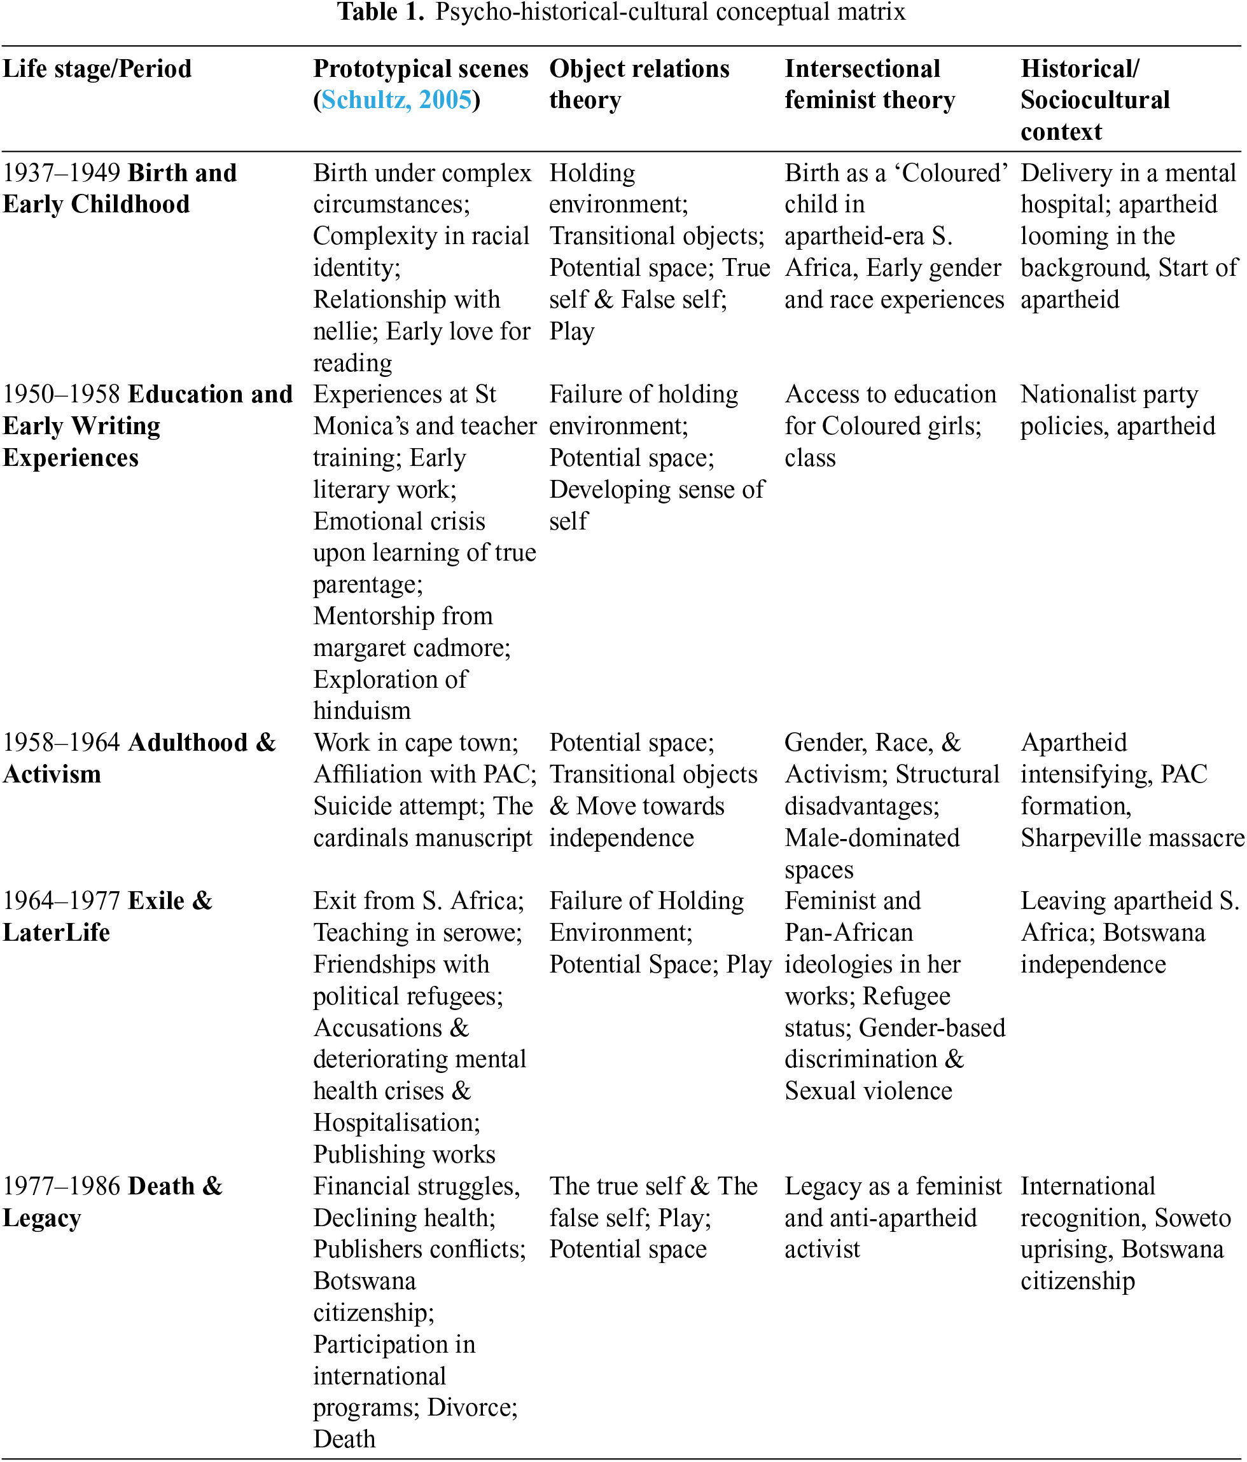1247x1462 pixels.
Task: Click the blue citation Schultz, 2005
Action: [x=396, y=100]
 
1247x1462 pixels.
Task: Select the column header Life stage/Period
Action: [x=97, y=69]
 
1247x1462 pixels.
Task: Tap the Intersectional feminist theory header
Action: [x=869, y=85]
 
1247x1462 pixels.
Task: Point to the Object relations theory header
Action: [x=639, y=85]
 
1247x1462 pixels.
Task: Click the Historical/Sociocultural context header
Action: [x=1094, y=100]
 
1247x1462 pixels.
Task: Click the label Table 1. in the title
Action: [x=380, y=12]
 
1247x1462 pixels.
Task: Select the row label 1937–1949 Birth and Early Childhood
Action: [x=120, y=188]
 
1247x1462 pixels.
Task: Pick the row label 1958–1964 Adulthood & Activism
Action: [x=139, y=758]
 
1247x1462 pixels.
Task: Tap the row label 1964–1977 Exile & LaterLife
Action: [x=108, y=917]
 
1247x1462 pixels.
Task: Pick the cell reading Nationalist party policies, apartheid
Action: [x=1117, y=410]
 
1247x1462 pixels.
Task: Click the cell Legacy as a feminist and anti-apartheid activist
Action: [x=893, y=1218]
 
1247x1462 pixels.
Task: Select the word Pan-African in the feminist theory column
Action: [x=849, y=933]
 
